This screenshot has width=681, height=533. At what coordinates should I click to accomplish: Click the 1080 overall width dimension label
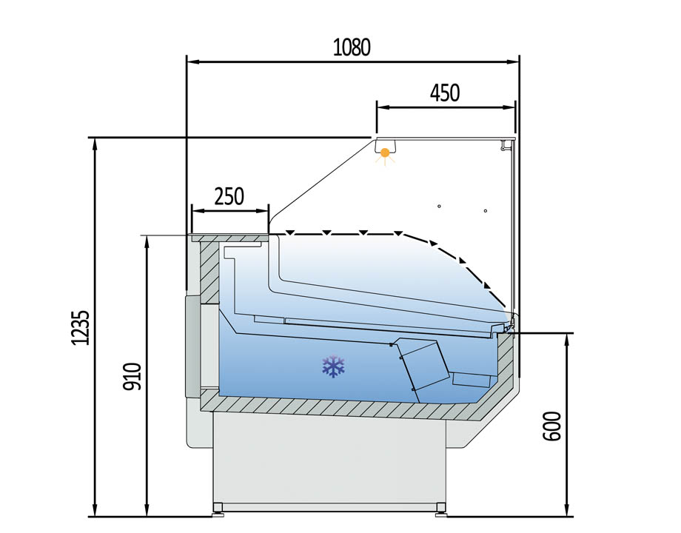tap(352, 47)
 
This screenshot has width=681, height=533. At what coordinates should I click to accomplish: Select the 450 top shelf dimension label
tap(445, 93)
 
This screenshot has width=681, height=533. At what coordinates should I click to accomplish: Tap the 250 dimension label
tap(229, 196)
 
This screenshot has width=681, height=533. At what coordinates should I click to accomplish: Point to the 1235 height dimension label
tap(81, 328)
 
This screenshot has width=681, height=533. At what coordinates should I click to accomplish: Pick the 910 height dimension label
tap(132, 376)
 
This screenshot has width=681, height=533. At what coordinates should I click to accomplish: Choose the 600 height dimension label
tap(552, 426)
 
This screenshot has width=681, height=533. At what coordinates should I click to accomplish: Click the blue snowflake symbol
tap(333, 366)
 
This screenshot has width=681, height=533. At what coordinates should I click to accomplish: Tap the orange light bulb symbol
tap(385, 154)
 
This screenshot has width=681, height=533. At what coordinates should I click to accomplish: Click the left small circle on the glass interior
tap(439, 206)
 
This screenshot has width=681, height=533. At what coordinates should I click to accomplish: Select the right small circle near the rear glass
tap(486, 211)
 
